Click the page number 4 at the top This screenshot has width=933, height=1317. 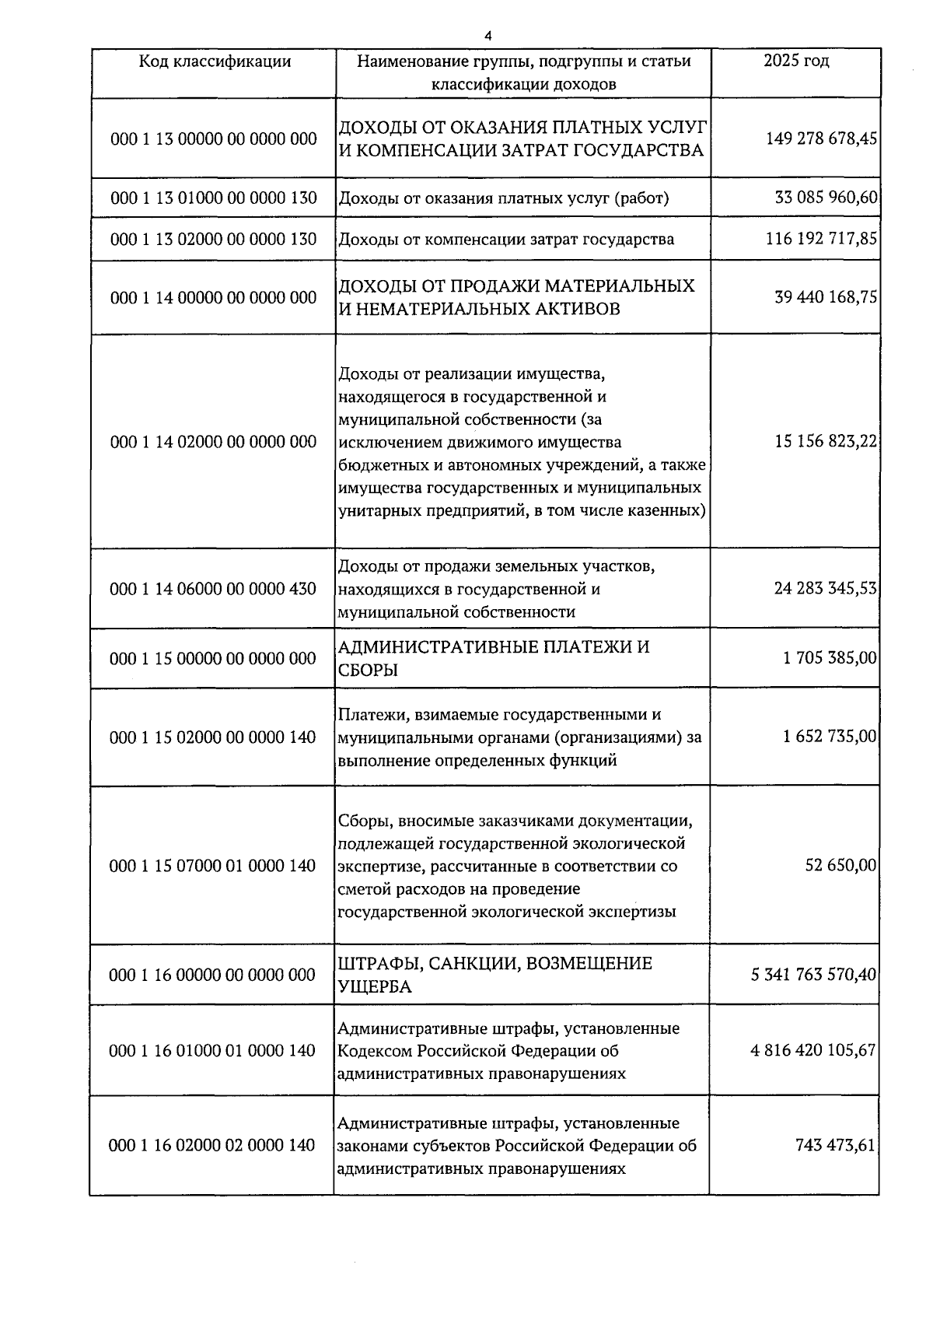[487, 36]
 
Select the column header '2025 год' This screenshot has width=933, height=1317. [795, 61]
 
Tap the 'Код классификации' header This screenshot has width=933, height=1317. [215, 61]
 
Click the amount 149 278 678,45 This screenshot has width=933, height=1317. [821, 139]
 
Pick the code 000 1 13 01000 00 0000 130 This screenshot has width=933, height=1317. [214, 198]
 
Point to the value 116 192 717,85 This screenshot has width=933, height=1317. [821, 239]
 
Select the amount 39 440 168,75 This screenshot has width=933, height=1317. [826, 297]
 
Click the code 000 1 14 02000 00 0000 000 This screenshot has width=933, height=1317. [214, 442]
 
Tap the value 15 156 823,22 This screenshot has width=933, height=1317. [826, 442]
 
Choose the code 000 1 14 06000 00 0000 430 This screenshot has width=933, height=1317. [214, 589]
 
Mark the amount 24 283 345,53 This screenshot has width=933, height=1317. [826, 589]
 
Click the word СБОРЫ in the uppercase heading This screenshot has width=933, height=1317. [369, 670]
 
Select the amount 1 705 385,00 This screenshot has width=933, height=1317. [830, 659]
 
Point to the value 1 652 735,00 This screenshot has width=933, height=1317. [830, 737]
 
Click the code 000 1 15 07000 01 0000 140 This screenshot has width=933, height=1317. [214, 866]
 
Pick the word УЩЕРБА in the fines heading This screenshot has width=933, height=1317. [375, 986]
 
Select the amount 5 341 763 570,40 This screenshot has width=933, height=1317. [813, 975]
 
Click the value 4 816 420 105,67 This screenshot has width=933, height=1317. [813, 1051]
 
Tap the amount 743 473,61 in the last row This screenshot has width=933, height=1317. [835, 1145]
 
